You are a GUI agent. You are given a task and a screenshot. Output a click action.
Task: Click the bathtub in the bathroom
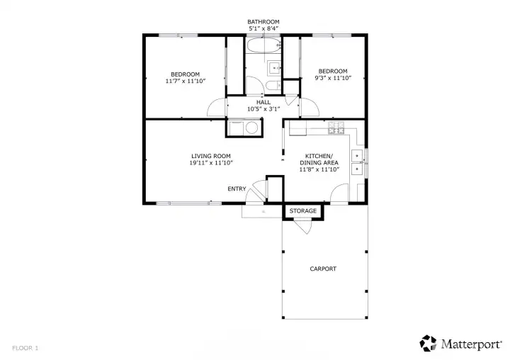pyautogui.click(x=263, y=45)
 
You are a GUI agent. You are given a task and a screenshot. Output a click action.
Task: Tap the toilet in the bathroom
pyautogui.click(x=273, y=86)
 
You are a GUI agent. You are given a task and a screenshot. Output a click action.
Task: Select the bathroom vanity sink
pyautogui.click(x=274, y=68)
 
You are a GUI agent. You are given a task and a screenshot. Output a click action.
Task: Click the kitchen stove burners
pyautogui.click(x=336, y=128)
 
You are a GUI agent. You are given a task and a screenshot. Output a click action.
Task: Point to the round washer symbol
pyautogui.click(x=251, y=128)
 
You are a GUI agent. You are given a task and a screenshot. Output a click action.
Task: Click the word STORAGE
pyautogui.click(x=303, y=211)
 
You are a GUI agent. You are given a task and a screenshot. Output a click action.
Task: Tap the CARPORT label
pyautogui.click(x=323, y=269)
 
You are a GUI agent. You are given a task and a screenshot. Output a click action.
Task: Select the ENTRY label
pyautogui.click(x=237, y=189)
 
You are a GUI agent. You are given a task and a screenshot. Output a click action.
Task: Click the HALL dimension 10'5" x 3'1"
pyautogui.click(x=263, y=109)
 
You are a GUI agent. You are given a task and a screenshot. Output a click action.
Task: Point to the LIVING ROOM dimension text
pyautogui.click(x=211, y=163)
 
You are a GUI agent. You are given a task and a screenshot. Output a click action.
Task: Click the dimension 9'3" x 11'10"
pyautogui.click(x=333, y=78)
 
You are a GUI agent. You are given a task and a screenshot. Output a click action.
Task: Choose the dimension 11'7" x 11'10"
pyautogui.click(x=186, y=81)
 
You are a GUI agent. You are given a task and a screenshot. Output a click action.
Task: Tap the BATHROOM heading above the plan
pyautogui.click(x=263, y=22)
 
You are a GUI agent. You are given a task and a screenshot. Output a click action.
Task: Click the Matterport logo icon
pyautogui.click(x=428, y=344)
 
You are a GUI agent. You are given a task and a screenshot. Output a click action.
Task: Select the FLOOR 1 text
pyautogui.click(x=25, y=348)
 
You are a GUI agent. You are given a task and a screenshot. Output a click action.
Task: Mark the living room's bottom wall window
pyautogui.click(x=188, y=203)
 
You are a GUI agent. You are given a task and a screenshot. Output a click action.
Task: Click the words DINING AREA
pyautogui.click(x=319, y=163)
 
